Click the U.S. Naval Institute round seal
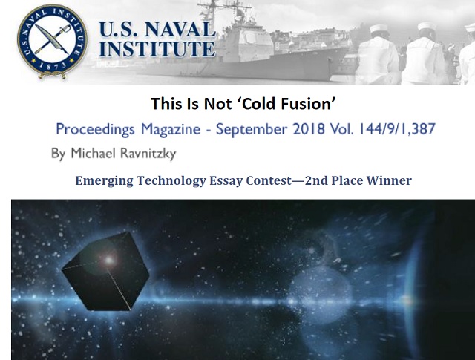[x=53, y=41]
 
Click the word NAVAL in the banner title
[x=180, y=30]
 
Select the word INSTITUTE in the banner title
[x=157, y=48]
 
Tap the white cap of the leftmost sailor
[x=379, y=29]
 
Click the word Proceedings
[x=95, y=129]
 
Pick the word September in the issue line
[x=251, y=129]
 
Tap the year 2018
[x=309, y=129]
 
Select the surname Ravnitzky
[x=148, y=154]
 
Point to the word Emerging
[x=104, y=181]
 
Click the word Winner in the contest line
[x=389, y=180]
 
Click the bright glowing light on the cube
[x=109, y=260]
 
